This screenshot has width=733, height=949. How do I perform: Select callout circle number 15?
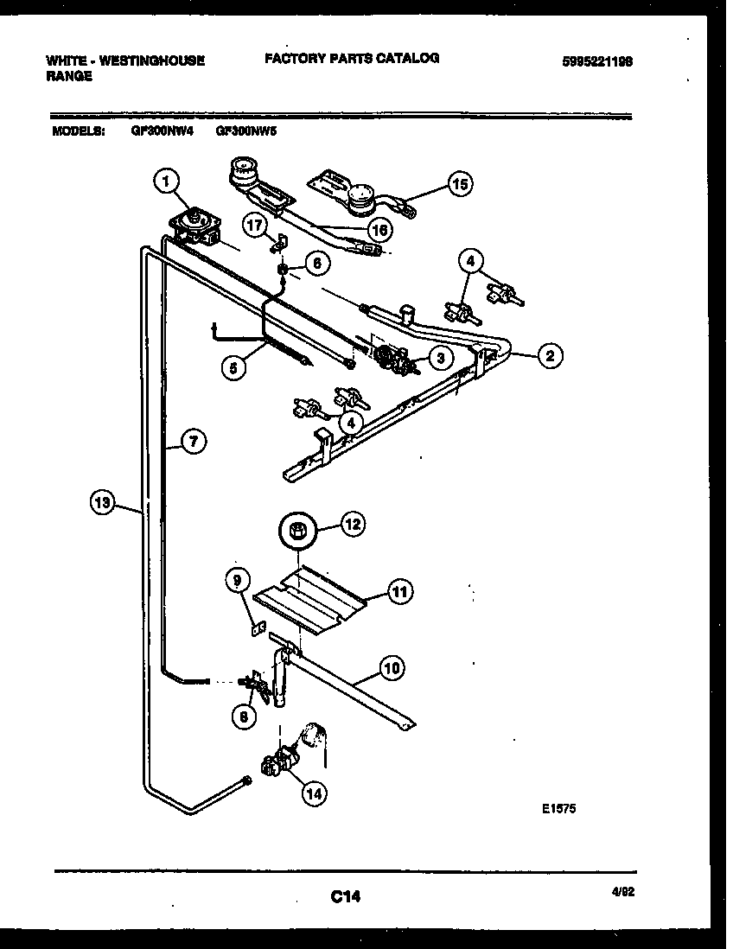click(x=461, y=183)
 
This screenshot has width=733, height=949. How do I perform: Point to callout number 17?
click(x=253, y=225)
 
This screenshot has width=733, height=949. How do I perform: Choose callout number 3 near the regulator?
click(x=441, y=356)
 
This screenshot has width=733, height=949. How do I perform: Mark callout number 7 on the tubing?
click(x=194, y=442)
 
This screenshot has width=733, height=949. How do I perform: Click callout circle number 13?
click(x=103, y=501)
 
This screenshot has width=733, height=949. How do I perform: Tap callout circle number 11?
click(x=399, y=592)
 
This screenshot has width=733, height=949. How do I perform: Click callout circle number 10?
click(x=392, y=667)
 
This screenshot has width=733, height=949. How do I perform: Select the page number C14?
click(x=345, y=898)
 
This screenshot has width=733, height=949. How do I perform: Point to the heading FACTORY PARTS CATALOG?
click(x=352, y=59)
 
